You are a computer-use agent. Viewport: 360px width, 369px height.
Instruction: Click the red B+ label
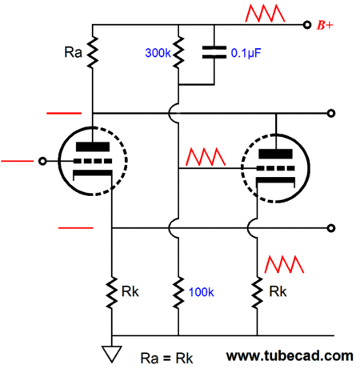click(325, 25)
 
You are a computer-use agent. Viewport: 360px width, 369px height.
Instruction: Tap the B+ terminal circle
click(307, 25)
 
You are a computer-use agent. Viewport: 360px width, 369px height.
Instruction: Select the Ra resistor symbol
click(93, 52)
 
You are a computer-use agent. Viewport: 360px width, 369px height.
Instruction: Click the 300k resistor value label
click(158, 53)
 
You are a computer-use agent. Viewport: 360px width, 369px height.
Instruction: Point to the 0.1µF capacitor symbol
click(214, 52)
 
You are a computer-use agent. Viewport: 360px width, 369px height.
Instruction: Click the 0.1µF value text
click(246, 53)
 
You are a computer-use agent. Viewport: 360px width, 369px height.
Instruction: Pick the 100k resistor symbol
click(178, 292)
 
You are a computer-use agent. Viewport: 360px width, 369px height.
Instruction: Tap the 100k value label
click(201, 292)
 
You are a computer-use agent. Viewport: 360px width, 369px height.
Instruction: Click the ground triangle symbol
click(112, 354)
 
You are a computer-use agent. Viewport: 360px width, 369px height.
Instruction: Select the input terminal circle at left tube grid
click(42, 161)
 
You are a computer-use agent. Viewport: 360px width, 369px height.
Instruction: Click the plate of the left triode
click(93, 147)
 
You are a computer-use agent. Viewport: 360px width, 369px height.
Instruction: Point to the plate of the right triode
click(275, 154)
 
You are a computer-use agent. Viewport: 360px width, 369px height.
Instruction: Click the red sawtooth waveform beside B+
click(265, 14)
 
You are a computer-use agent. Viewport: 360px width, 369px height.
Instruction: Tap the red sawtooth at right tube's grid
click(206, 157)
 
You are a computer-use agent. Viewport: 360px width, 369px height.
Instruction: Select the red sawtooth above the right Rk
click(284, 264)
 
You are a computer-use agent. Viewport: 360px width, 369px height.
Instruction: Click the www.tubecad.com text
click(290, 356)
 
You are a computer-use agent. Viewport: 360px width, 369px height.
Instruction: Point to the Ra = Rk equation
click(166, 359)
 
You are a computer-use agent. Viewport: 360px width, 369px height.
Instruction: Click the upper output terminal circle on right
click(331, 114)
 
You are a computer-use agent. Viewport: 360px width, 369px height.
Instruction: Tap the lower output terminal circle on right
click(331, 228)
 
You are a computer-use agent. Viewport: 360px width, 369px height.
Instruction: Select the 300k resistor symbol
click(178, 52)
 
